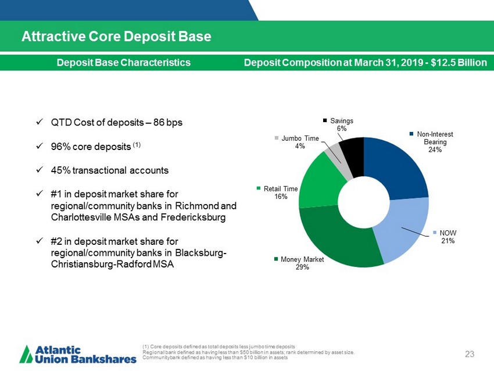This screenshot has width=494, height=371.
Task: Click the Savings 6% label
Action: point(341,124)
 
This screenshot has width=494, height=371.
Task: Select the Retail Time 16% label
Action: point(280,192)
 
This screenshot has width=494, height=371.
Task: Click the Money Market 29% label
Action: point(298,263)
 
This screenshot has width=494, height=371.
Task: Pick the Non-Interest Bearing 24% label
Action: point(435,142)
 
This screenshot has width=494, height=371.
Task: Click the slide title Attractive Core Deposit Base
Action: point(116,37)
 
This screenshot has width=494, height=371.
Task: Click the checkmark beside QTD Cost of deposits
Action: point(38,123)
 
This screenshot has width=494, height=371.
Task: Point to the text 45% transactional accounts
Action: point(110,171)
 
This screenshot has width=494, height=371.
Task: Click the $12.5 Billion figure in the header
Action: point(459,62)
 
